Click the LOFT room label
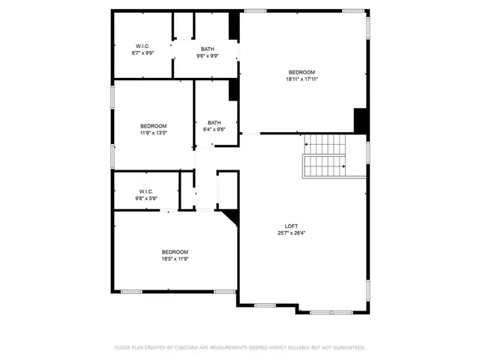[291, 226]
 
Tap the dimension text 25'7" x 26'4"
[291, 233]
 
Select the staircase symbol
[325, 156]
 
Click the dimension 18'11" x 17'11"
[301, 79]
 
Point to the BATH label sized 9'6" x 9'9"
[207, 49]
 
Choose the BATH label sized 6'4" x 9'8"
[214, 123]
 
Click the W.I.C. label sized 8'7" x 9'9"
[142, 46]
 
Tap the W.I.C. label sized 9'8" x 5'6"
[146, 192]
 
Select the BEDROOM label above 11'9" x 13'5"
[153, 126]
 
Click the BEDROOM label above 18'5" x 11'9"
[175, 252]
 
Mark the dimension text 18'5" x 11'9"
[175, 259]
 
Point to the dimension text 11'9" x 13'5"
[153, 133]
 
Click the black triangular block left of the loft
[232, 217]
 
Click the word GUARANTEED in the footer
[349, 348]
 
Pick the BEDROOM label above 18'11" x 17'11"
[301, 72]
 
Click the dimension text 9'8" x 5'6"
[146, 199]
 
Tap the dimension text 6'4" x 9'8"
[214, 130]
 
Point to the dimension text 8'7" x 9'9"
[142, 53]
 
